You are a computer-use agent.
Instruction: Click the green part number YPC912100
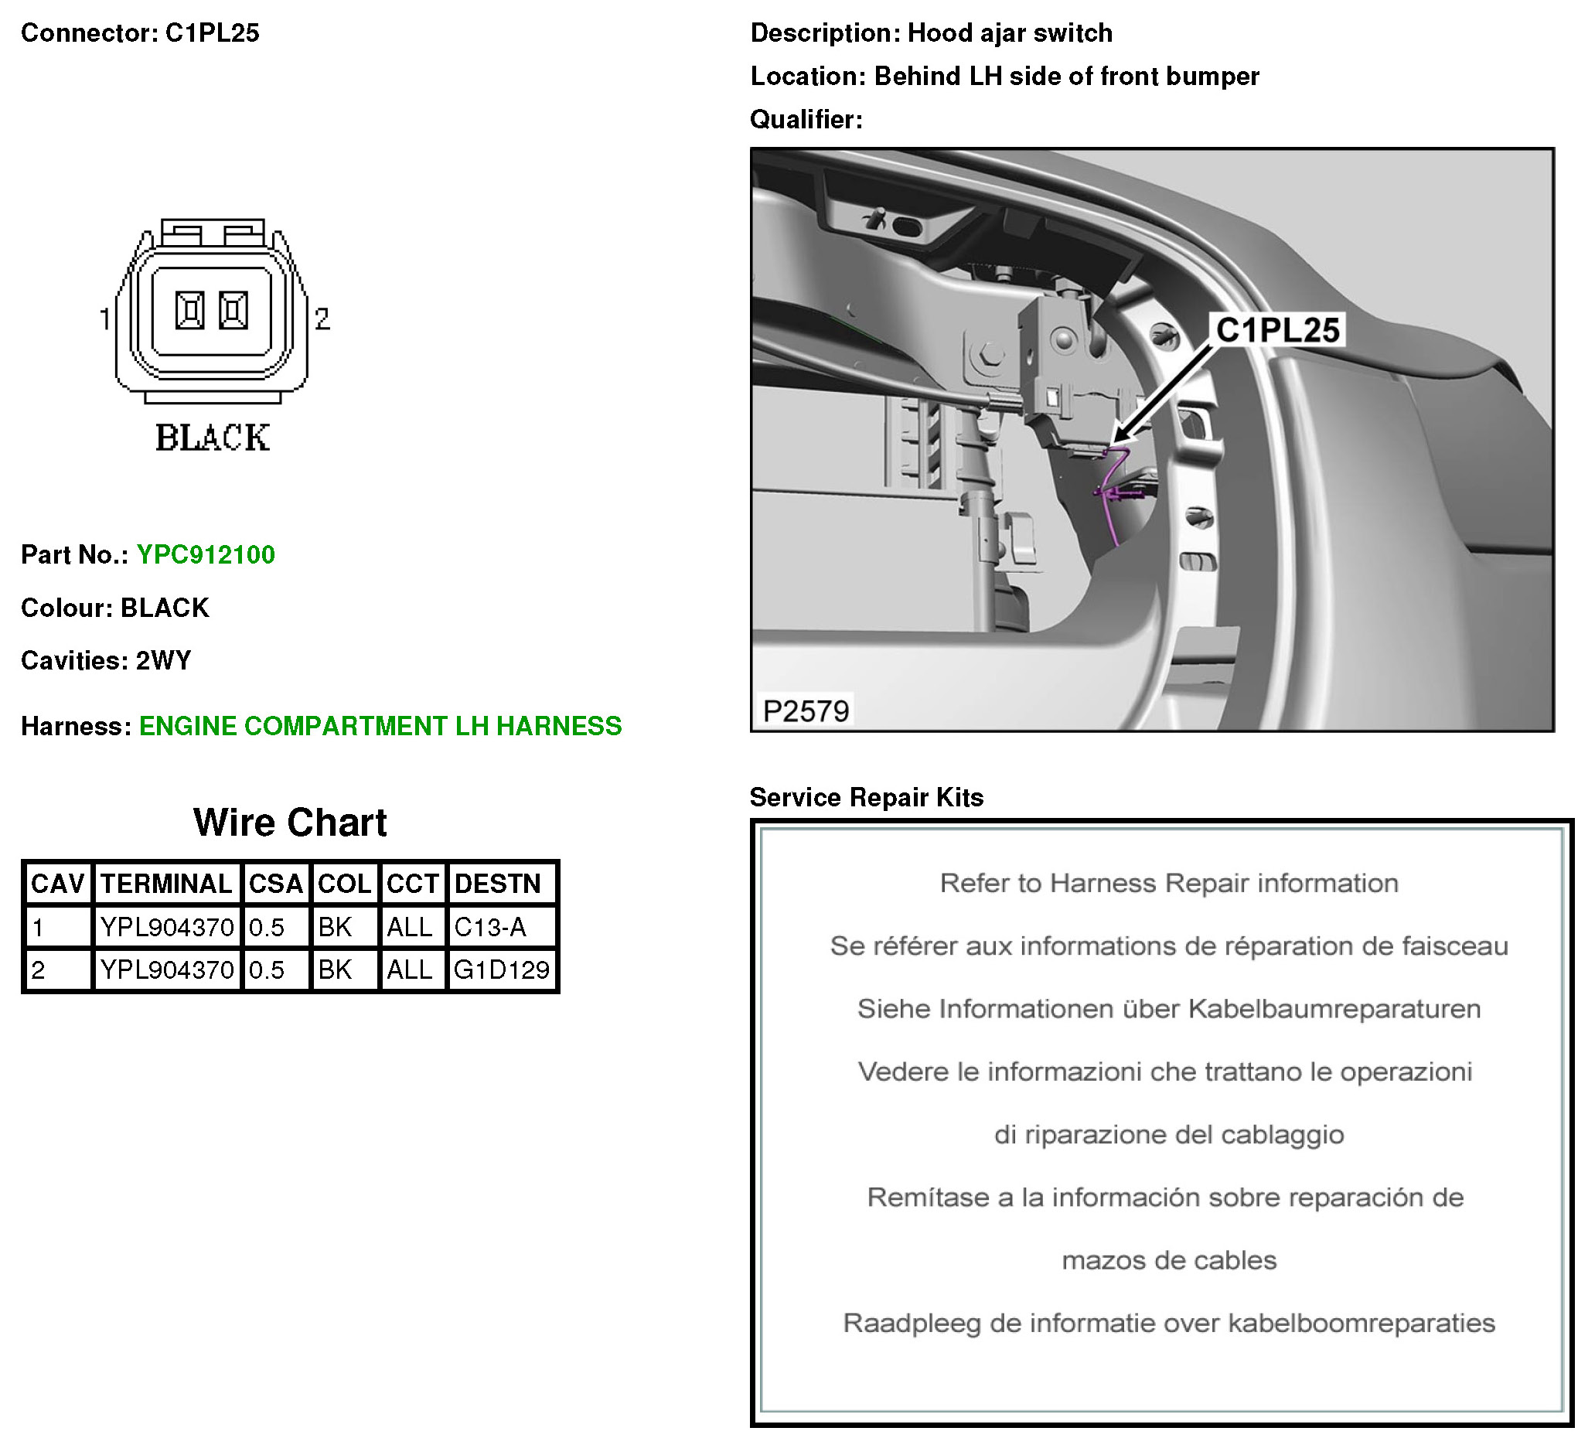[206, 554]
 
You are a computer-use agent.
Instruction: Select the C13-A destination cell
[490, 926]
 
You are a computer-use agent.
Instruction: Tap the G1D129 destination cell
[502, 969]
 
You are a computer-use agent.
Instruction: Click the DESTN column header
[498, 884]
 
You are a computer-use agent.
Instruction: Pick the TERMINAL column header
[166, 884]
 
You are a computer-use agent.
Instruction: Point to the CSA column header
[275, 884]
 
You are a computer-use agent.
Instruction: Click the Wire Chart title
[290, 823]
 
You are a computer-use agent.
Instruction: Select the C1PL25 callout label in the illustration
[1277, 330]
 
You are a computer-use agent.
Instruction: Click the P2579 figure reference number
[806, 711]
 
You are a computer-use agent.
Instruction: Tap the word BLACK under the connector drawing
[212, 438]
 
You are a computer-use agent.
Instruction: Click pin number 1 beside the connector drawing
[104, 319]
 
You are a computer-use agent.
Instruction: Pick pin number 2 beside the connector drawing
[322, 319]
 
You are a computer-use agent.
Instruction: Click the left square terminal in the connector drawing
[190, 310]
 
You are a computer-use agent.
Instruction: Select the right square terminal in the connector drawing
[233, 310]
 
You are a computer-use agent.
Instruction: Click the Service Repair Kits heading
[867, 798]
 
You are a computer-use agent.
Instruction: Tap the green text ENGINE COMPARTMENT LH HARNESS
[380, 726]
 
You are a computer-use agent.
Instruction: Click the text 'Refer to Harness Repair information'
[1168, 883]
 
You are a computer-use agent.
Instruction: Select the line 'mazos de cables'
[1168, 1260]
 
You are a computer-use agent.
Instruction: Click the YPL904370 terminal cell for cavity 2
[166, 969]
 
